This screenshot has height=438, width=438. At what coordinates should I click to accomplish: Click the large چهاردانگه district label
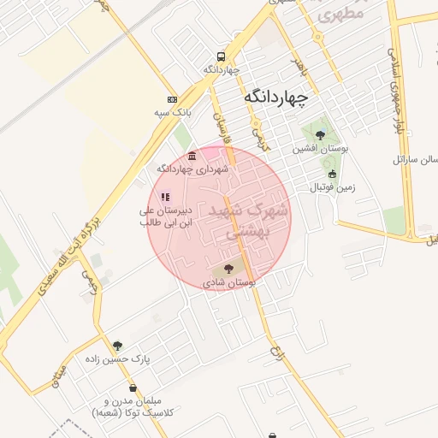click(275, 97)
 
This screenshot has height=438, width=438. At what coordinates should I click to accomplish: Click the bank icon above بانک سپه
click(172, 99)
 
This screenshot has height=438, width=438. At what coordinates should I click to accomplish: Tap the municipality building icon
click(191, 156)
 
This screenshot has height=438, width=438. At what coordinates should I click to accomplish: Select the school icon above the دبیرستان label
click(164, 197)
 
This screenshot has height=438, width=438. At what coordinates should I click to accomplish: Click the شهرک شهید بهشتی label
click(246, 219)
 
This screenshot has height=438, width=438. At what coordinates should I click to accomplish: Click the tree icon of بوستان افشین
click(321, 134)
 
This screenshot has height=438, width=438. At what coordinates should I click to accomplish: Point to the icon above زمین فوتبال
click(333, 174)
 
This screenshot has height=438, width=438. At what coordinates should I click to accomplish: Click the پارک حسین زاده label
click(116, 359)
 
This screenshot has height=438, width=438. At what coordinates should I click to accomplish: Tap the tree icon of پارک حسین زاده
click(117, 346)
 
